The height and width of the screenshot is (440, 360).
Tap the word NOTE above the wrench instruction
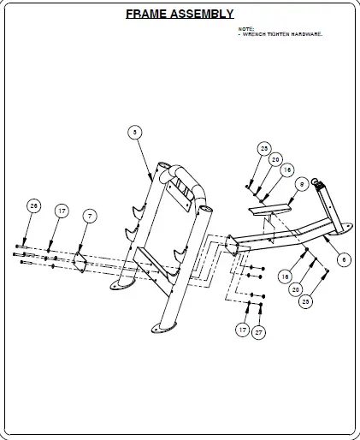[x=246, y=29]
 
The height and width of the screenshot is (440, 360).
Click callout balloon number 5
[x=134, y=132]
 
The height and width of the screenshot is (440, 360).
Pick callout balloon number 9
[x=301, y=184]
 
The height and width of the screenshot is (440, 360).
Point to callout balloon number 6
[x=344, y=259]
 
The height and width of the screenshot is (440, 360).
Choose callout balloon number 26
[x=33, y=205]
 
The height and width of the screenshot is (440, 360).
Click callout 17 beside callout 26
[x=62, y=211]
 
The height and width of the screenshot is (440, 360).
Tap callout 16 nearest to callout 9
[x=286, y=170]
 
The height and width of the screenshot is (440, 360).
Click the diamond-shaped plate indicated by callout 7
[x=79, y=260]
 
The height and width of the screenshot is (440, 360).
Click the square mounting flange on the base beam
[x=232, y=246]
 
